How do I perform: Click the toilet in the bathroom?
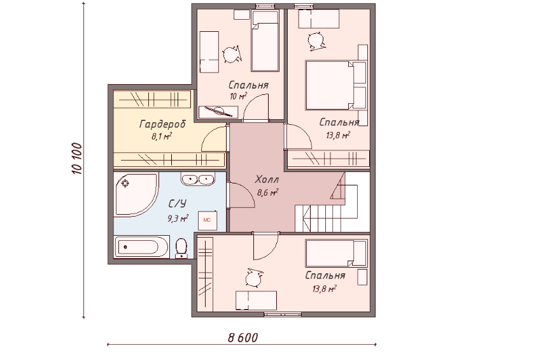point(181,248)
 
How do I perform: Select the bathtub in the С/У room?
point(141,247)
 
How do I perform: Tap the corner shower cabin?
point(136,194)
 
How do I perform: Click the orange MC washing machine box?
point(208,220)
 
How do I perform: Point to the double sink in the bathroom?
point(197,178)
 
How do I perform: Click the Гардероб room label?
point(162,124)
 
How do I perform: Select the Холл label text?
point(267,179)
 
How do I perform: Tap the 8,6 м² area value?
point(267,192)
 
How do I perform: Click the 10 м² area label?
point(238,96)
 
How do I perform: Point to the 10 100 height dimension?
point(77,158)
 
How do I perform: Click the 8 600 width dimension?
point(243,338)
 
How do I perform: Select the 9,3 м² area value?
point(178,219)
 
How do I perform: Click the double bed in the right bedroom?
point(336,85)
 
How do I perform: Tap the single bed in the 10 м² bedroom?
point(265,41)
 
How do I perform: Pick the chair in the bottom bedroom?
point(253,278)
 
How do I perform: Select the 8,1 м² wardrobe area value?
point(161,136)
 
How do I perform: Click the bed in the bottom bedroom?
point(336,253)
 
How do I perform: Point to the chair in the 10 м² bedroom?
point(232,54)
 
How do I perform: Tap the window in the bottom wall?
point(283,314)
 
